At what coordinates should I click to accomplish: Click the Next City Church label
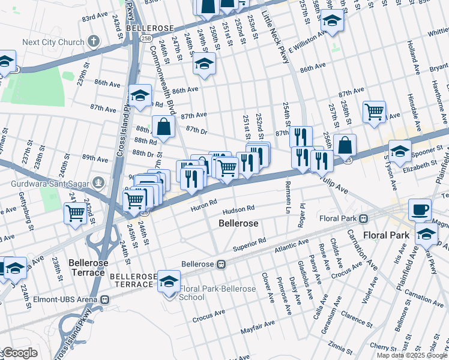pyautogui.click(x=52, y=43)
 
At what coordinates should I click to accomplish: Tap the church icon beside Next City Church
pyautogui.click(x=93, y=41)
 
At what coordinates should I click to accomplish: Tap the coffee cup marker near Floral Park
pyautogui.click(x=420, y=210)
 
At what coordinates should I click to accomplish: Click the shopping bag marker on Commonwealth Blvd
pyautogui.click(x=163, y=127)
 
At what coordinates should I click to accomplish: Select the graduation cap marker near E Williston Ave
pyautogui.click(x=331, y=20)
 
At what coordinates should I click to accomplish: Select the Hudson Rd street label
pyautogui.click(x=238, y=210)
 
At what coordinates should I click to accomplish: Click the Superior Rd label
pyautogui.click(x=249, y=243)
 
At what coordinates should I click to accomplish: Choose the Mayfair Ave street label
pyautogui.click(x=258, y=324)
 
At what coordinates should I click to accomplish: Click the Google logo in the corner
pyautogui.click(x=19, y=353)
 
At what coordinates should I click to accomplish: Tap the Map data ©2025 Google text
pyautogui.click(x=412, y=355)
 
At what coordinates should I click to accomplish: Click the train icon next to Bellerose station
pyautogui.click(x=221, y=264)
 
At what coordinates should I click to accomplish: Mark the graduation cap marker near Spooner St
pyautogui.click(x=400, y=151)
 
